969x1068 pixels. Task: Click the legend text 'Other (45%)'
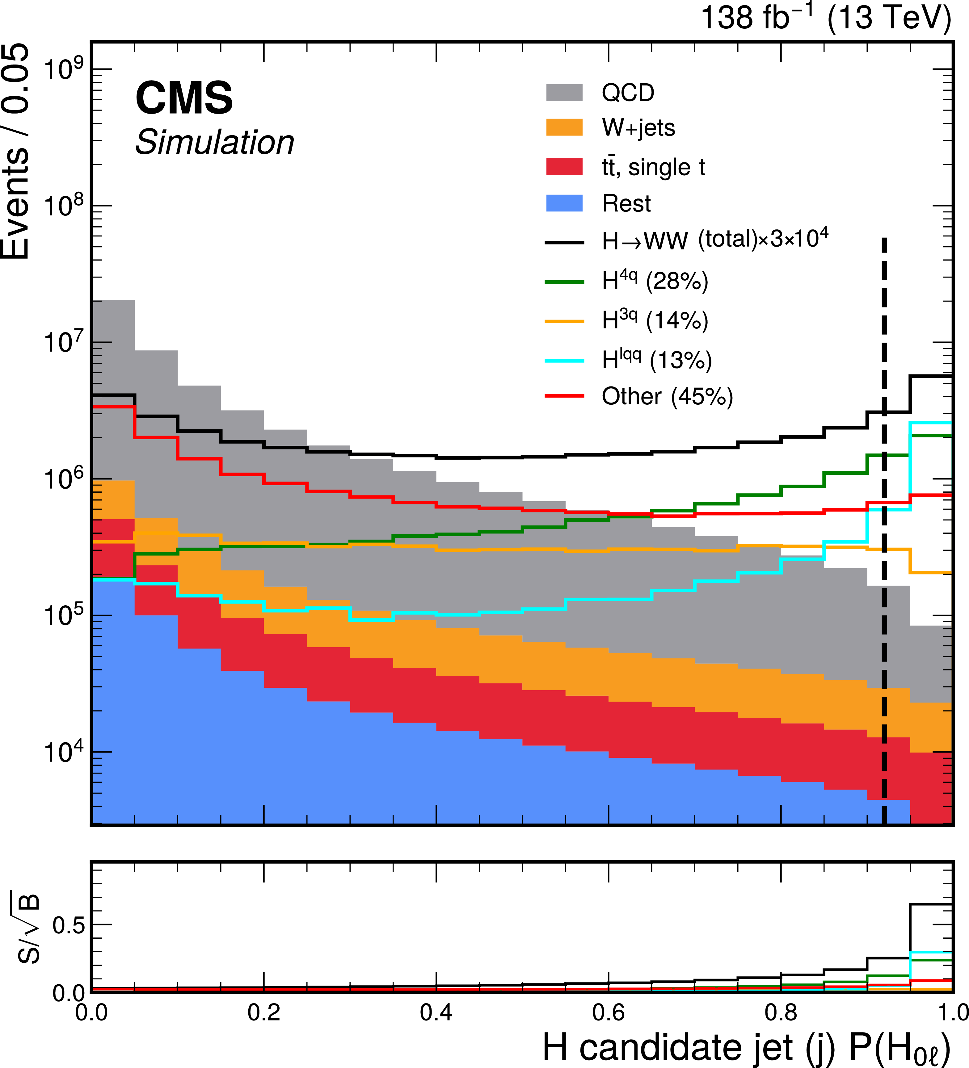point(667,396)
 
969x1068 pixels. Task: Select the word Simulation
point(215,143)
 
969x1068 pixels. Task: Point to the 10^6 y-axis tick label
point(64,479)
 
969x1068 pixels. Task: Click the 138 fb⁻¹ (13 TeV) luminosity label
point(825,18)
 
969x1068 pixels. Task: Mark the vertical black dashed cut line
point(884,530)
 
